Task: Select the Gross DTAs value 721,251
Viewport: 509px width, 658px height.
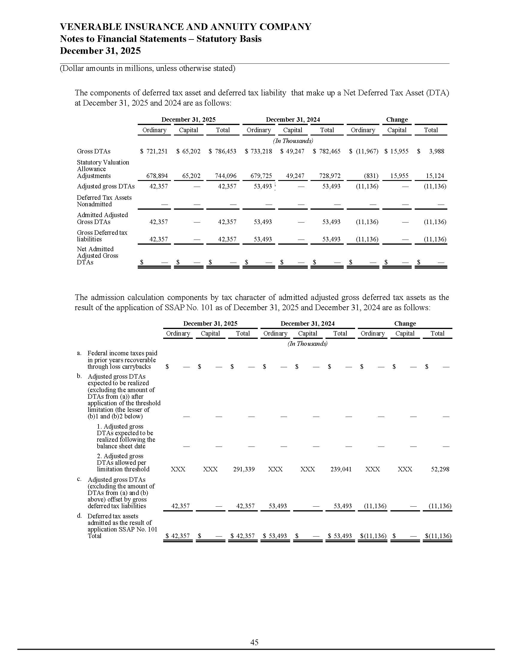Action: (157, 151)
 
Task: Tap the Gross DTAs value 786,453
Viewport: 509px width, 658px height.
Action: (225, 151)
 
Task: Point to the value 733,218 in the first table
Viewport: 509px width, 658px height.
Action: (261, 151)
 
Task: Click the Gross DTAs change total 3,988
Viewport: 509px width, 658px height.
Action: (436, 151)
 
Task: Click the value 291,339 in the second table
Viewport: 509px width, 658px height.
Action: (244, 469)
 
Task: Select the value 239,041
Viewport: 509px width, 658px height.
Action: (341, 469)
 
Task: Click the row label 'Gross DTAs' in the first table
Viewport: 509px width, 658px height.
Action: (93, 151)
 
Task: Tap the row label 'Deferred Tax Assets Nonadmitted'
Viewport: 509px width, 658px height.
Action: (104, 201)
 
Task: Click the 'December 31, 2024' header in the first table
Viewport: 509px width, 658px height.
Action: (293, 120)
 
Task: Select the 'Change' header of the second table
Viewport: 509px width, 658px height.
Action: (405, 324)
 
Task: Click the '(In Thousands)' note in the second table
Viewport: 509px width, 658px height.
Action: (307, 344)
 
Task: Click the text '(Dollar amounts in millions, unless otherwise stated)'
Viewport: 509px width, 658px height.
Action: (147, 68)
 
